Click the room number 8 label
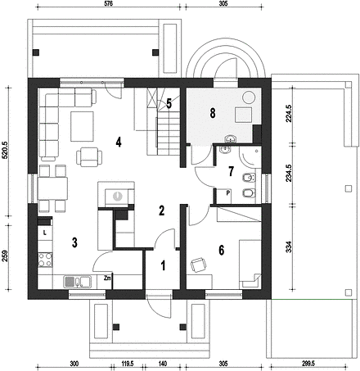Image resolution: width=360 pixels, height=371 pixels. click(x=213, y=113)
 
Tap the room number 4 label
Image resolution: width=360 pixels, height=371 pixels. click(x=119, y=143)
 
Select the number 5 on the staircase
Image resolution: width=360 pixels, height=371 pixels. click(x=169, y=104)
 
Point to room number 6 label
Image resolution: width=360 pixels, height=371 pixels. click(x=222, y=250)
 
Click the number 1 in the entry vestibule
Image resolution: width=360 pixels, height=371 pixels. click(x=163, y=265)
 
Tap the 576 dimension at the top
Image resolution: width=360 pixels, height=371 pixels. click(x=109, y=3)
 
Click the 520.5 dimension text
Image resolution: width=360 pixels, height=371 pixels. click(x=5, y=151)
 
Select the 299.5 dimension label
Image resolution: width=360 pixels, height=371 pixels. click(x=308, y=364)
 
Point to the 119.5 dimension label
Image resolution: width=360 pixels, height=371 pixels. click(x=128, y=364)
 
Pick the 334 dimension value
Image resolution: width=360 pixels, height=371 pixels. click(x=289, y=247)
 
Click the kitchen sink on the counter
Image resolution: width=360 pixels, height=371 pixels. click(x=77, y=282)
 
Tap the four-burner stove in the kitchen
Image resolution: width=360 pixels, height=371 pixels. click(x=45, y=260)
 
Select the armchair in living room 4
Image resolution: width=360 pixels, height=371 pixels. click(x=89, y=157)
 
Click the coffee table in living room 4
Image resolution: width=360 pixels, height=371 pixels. click(x=82, y=126)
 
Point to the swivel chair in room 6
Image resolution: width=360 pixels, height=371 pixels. click(x=199, y=265)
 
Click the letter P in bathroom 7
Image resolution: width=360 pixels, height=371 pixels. click(x=228, y=192)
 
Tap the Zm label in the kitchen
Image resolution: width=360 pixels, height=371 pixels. click(x=107, y=278)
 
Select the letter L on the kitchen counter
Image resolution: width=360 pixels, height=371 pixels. click(x=45, y=233)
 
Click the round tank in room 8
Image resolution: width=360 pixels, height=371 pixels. click(x=249, y=97)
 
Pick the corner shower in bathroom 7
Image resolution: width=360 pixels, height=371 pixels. click(x=250, y=157)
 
